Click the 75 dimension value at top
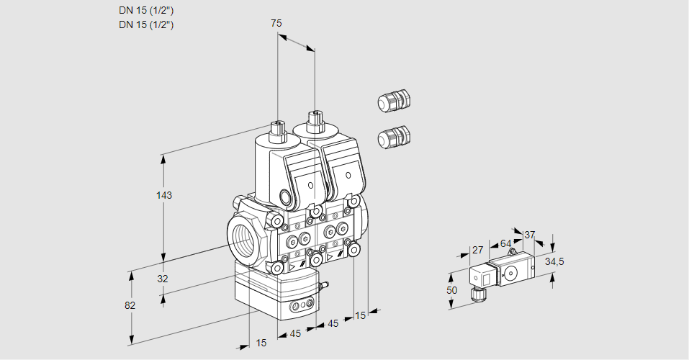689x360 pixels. point(276,23)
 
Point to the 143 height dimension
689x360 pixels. point(165,195)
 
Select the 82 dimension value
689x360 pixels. point(130,305)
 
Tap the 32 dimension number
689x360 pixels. point(162,279)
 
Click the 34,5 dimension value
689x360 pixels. point(554,261)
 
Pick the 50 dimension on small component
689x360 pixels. point(451,290)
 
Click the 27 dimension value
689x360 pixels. point(477,250)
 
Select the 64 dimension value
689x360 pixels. point(505,244)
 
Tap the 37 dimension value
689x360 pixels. point(530,235)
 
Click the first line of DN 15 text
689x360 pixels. point(146,10)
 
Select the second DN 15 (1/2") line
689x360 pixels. point(146,24)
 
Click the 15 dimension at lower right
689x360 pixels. point(360,315)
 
